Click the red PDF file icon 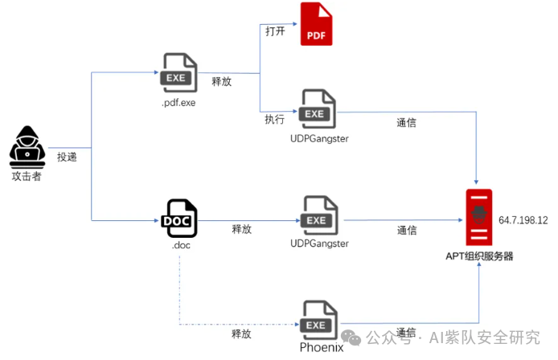[316, 24]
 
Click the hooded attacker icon [27, 147]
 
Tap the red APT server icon [479, 217]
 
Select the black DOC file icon [179, 218]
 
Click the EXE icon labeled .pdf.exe [178, 73]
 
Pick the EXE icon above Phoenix [318, 320]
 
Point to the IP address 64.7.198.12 [523, 220]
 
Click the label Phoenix [322, 347]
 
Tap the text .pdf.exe [178, 103]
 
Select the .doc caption [181, 245]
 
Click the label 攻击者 [27, 176]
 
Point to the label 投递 [67, 157]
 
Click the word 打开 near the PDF [275, 31]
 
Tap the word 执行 [274, 119]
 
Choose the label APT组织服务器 [479, 256]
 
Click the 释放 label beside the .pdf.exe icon [221, 81]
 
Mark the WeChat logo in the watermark [351, 337]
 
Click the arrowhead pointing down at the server [476, 182]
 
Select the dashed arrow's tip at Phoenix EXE [297, 325]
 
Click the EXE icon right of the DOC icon [319, 215]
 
